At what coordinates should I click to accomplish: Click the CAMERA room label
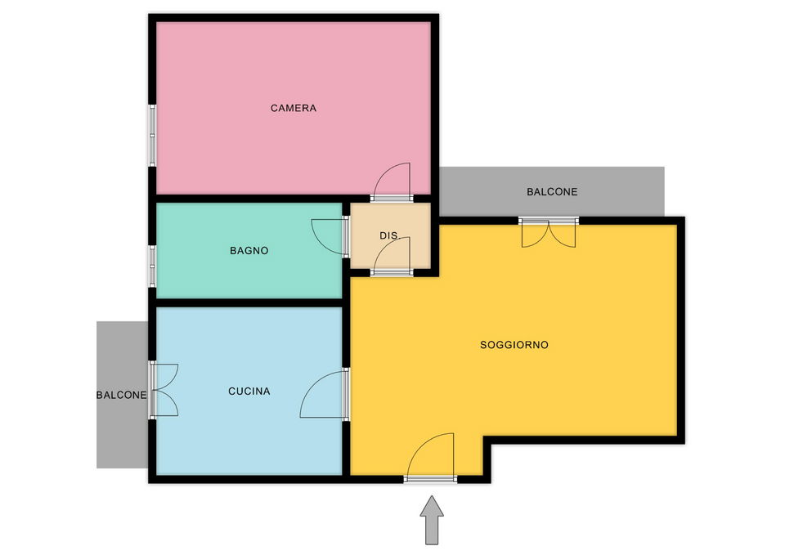click(294, 108)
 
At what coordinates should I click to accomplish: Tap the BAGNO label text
click(249, 250)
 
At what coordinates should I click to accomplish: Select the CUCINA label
click(249, 391)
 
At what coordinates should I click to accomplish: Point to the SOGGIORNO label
click(514, 344)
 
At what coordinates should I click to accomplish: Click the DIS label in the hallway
click(388, 235)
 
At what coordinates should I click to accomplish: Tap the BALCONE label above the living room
click(552, 191)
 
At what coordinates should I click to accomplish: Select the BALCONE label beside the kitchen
click(122, 395)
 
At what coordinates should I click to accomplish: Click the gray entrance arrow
click(432, 520)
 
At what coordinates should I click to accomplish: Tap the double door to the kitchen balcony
click(164, 390)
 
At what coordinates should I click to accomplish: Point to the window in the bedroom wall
click(152, 135)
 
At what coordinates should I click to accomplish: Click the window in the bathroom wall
click(152, 266)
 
